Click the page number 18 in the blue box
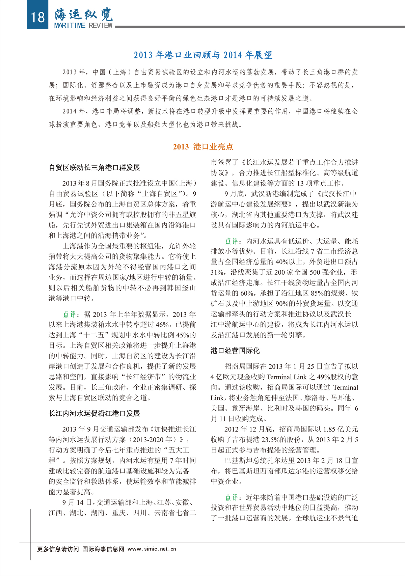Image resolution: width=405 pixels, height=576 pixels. point(37,16)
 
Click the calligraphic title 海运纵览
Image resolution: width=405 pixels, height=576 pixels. point(84,14)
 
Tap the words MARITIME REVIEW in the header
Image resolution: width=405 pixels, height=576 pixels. point(83,26)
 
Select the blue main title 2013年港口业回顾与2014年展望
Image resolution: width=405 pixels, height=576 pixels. point(203,55)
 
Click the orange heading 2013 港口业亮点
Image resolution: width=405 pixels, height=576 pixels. point(203,146)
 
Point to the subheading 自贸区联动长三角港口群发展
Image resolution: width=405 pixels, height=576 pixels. point(94,168)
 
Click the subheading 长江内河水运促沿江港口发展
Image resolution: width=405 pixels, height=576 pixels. point(94,413)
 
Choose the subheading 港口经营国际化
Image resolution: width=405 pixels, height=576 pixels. point(235,351)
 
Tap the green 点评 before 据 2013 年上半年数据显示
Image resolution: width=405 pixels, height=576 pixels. point(70,314)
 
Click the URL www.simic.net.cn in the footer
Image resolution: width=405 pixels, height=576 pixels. point(152,549)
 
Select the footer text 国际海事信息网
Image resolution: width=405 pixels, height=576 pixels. point(103,549)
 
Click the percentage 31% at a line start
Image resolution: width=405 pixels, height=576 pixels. point(217,272)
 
